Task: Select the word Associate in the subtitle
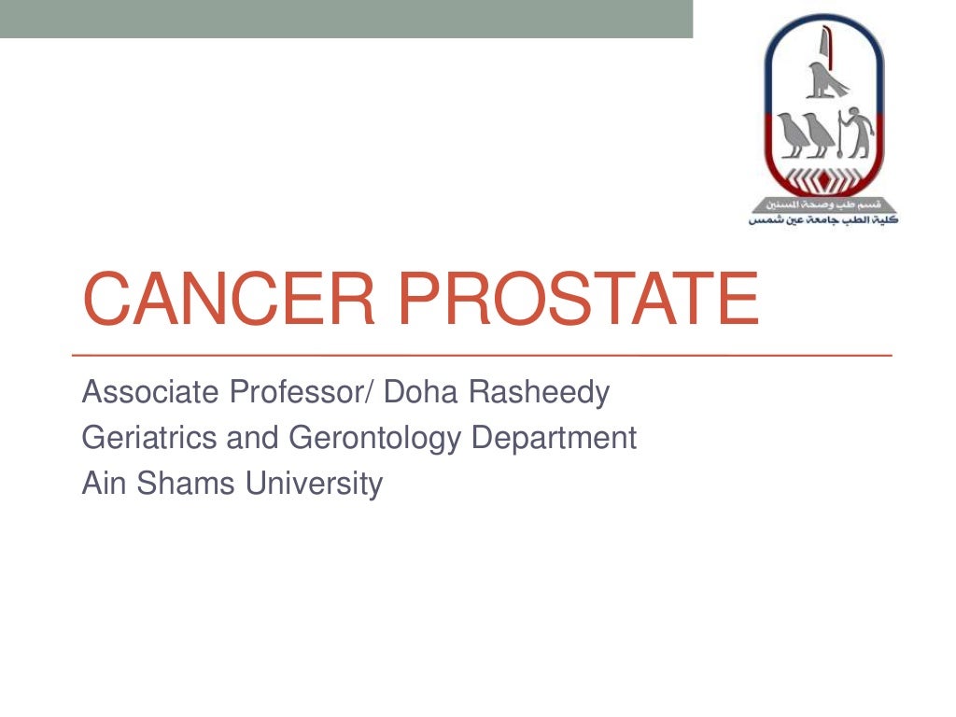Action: (x=147, y=392)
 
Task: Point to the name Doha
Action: (x=421, y=392)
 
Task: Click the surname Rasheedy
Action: (x=539, y=393)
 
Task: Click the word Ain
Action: (x=99, y=483)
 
